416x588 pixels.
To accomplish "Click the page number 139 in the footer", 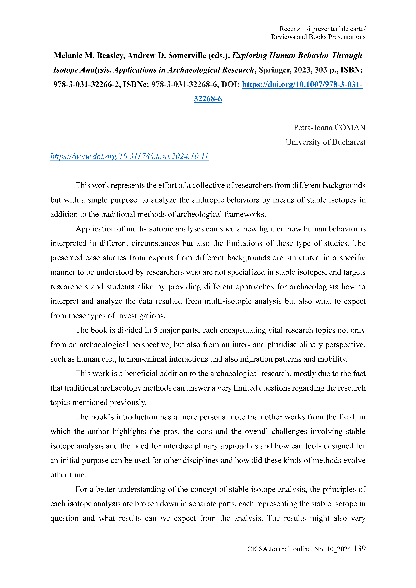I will point(359,549).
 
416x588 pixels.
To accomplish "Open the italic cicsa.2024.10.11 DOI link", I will point(129,156).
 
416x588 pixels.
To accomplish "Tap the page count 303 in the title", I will point(321,70).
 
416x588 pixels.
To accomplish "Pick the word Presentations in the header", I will point(347,37).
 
